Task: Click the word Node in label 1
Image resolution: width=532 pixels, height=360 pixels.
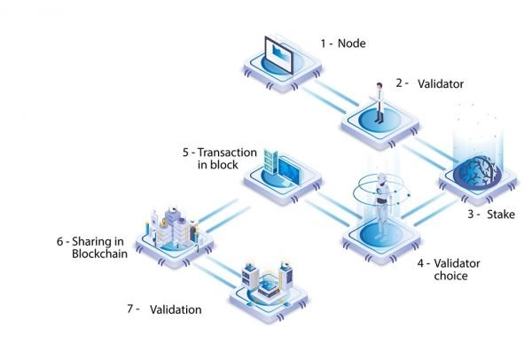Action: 351,43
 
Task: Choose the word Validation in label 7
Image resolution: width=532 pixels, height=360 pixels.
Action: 177,309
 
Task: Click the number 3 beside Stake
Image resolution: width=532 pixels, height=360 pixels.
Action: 471,214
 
